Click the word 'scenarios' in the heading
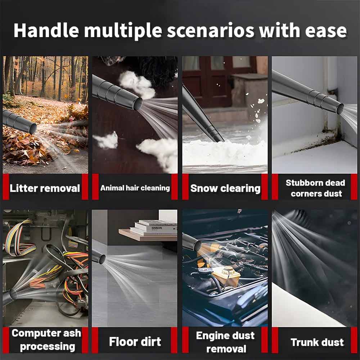210,31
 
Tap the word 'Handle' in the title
46,30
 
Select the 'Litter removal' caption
45,188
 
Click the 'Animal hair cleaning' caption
135,188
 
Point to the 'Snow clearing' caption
225,188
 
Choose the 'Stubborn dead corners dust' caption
316,188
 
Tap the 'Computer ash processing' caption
46,339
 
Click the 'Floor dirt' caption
135,341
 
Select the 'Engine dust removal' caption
225,342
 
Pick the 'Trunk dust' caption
317,342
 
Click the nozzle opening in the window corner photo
340,109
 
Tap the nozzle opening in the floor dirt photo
102,259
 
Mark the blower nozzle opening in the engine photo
197,245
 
